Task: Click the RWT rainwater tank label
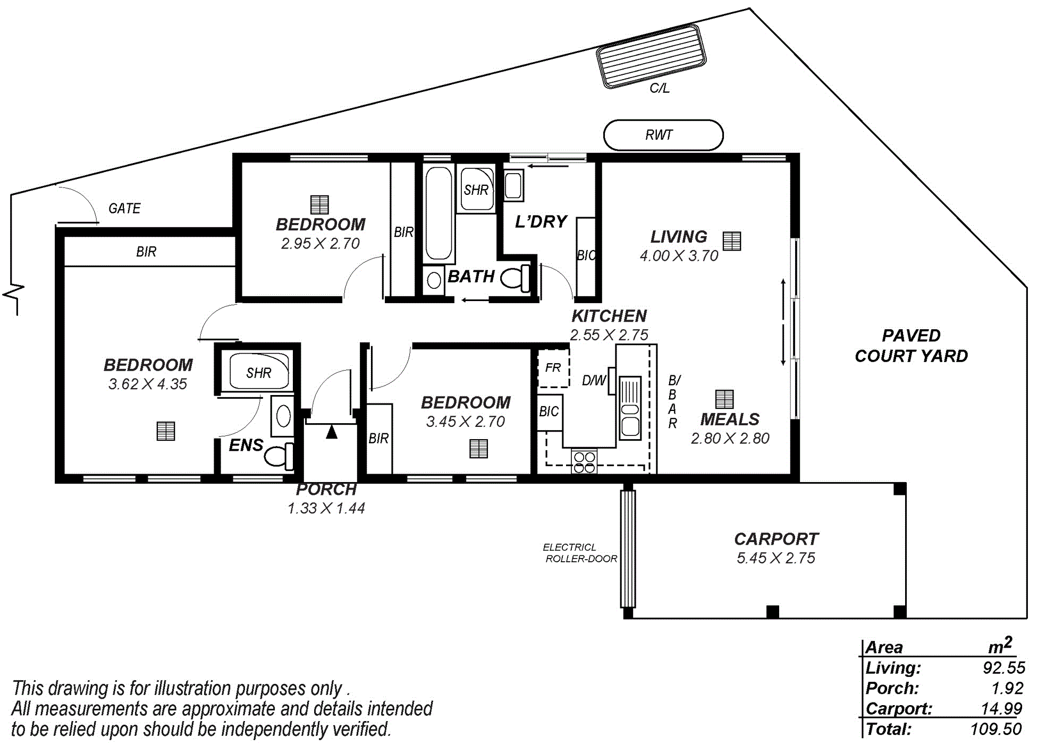pos(659,135)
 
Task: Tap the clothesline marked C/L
pos(652,56)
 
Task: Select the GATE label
pos(124,208)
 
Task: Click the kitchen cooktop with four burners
pos(584,461)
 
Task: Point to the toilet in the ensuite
pos(279,455)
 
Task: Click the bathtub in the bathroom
pos(438,213)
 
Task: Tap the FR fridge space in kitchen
pos(553,368)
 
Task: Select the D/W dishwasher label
pos(594,380)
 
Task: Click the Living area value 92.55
pos(1004,667)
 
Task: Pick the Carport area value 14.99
pos(1001,708)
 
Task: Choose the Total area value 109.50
pos(996,729)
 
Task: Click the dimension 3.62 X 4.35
pos(148,384)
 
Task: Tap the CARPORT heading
pos(776,539)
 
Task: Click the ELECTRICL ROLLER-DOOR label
pos(580,553)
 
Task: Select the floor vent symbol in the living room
pos(732,241)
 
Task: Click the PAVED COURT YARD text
pos(911,346)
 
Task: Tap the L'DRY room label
pos(541,221)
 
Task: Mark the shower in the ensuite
pos(259,371)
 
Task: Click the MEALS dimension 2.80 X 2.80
pos(730,439)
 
